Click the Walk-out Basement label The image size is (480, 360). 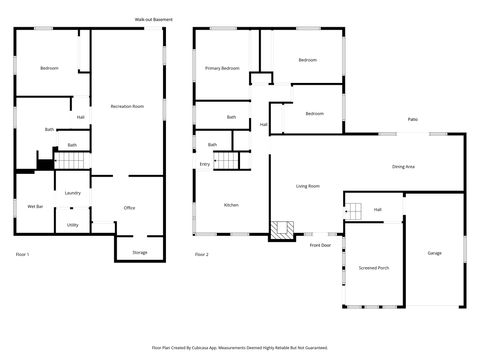153,19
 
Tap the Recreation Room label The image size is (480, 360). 128,105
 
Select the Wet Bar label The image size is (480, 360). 34,207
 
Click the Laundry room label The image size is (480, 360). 72,193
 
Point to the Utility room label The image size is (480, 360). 72,225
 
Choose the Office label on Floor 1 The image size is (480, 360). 129,208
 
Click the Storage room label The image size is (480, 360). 140,252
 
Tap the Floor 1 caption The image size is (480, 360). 21,255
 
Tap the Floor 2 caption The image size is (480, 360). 201,255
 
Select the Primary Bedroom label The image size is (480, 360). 222,68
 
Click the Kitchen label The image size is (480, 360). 231,205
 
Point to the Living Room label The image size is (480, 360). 307,186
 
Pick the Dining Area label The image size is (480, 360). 403,167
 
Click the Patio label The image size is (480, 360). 412,119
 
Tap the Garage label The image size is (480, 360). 434,253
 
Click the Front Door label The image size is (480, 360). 320,245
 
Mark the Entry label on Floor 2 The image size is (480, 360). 205,163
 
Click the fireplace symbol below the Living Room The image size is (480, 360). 283,230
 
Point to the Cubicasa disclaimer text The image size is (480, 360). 240,347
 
